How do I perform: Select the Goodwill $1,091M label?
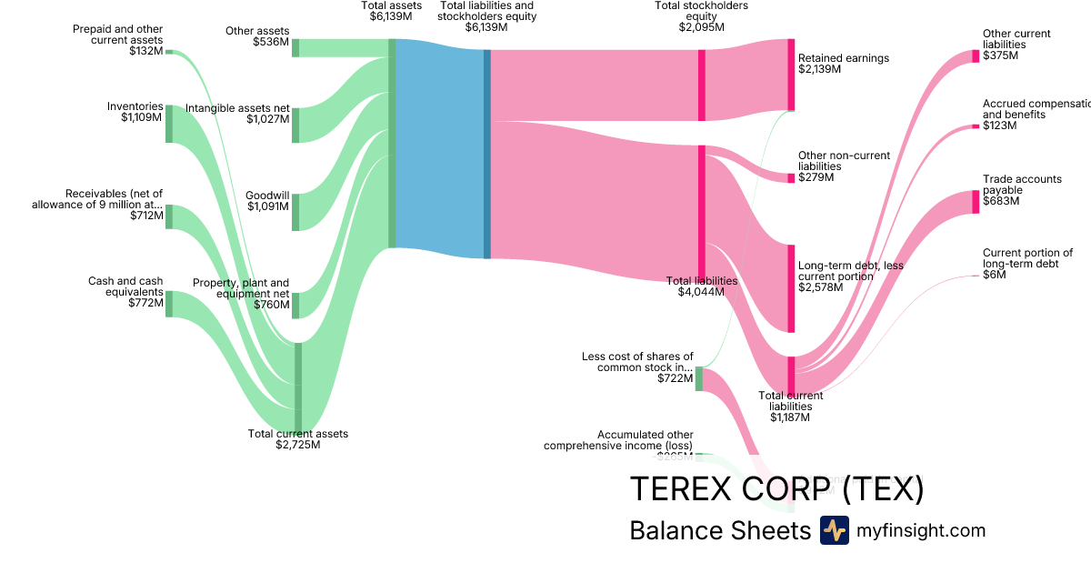coord(268,201)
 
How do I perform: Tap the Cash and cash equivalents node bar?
coord(169,304)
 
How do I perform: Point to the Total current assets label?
coord(298,439)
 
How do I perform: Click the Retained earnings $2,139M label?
coord(844,64)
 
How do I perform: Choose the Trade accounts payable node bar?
coord(976,201)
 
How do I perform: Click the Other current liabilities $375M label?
coord(1016,45)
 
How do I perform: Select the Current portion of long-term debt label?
coord(1027,264)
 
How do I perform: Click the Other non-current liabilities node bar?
coord(791,177)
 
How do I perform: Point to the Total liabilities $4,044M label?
coord(702,286)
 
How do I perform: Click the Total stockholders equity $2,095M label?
coord(702,16)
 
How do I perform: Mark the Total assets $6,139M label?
coord(391,11)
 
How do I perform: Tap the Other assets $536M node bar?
coord(295,47)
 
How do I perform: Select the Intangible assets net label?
coord(237,114)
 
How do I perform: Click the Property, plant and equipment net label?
coord(241,294)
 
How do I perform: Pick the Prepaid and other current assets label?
coord(118,40)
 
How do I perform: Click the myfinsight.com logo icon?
coord(834,530)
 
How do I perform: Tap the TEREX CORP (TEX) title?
coord(776,489)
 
